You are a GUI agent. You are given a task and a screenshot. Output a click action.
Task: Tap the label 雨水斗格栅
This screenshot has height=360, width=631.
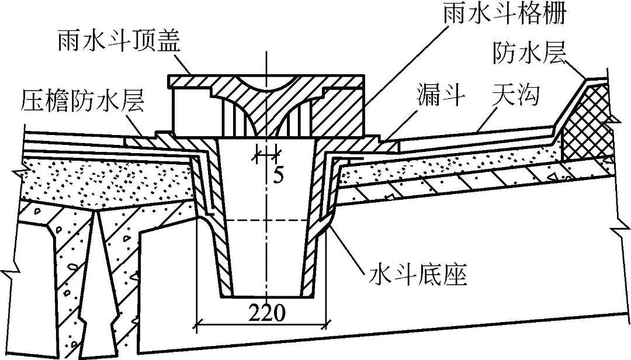pyautogui.click(x=504, y=13)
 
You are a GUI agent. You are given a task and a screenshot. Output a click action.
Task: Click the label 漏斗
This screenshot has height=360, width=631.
pyautogui.click(x=441, y=94)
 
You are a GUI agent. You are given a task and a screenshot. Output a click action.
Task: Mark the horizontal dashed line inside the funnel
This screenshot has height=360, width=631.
pyautogui.click(x=266, y=220)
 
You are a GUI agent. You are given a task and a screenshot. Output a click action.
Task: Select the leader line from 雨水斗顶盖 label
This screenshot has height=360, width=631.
pyautogui.click(x=181, y=65)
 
